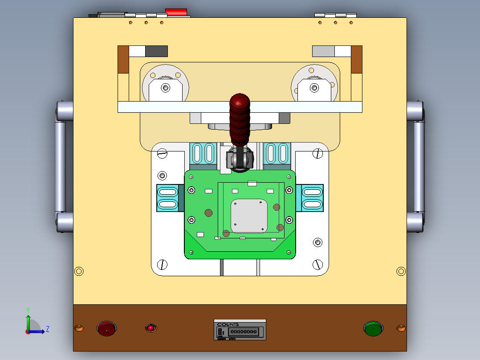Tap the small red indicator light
tap(151, 328)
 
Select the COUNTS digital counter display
tap(243, 331)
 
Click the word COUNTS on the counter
tap(228, 325)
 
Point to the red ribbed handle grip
tap(240, 119)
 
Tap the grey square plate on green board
tap(249, 216)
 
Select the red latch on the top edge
tap(176, 12)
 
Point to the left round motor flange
tap(165, 85)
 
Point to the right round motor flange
tap(314, 85)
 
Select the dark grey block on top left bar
tap(156, 51)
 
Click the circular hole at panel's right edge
tap(401, 271)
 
